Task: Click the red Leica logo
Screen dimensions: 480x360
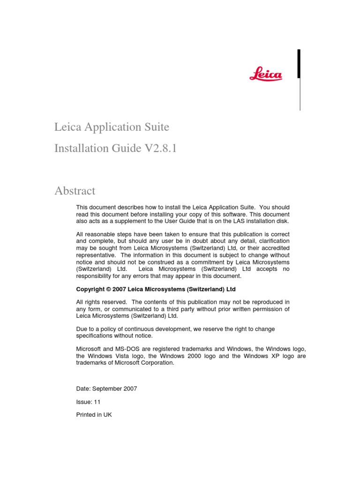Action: click(265, 74)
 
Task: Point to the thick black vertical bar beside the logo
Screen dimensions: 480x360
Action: click(299, 64)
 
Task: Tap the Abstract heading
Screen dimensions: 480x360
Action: click(75, 191)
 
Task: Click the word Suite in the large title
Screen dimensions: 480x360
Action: click(155, 127)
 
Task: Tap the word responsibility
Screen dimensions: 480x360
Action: click(95, 276)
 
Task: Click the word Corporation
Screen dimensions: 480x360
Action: click(157, 363)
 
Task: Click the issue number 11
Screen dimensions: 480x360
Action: click(97, 402)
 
